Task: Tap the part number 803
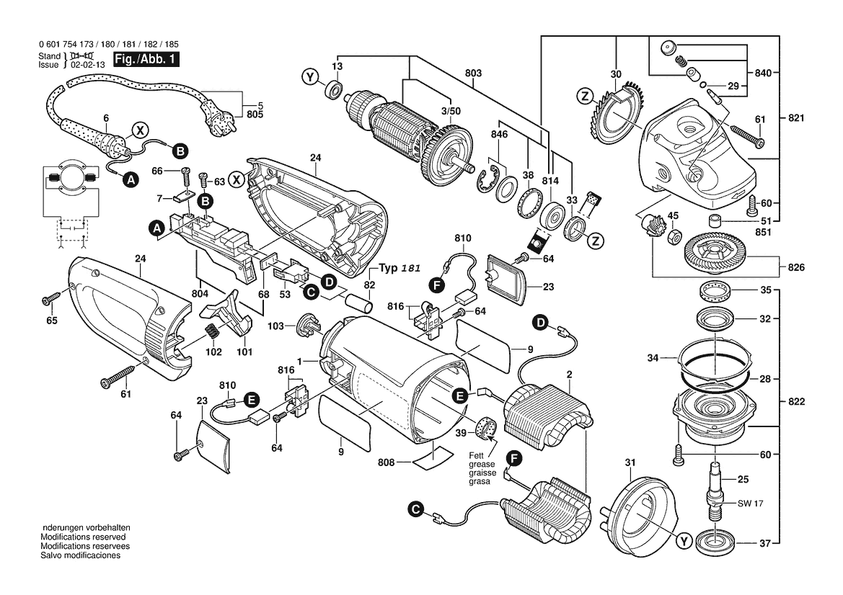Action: point(473,73)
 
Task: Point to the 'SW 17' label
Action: point(749,504)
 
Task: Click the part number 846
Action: point(499,135)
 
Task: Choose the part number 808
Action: point(386,462)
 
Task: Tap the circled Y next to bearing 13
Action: point(309,76)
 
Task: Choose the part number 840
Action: point(764,73)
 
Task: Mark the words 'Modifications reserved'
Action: point(83,537)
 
